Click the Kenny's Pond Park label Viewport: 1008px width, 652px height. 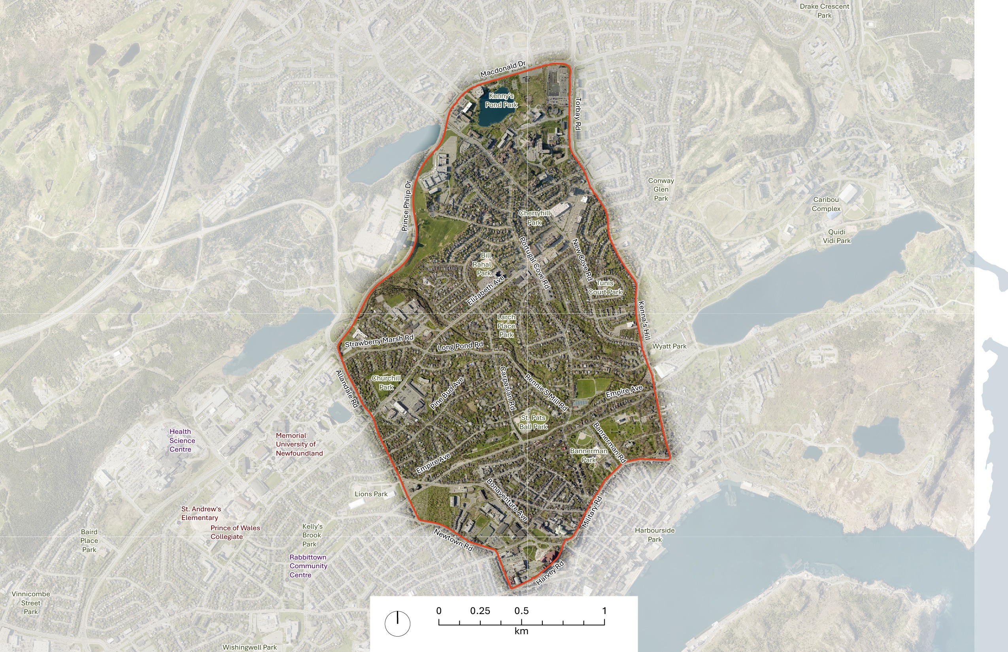pyautogui.click(x=502, y=100)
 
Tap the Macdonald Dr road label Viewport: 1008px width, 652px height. pyautogui.click(x=503, y=69)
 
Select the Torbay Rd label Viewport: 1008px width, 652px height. pyautogui.click(x=578, y=114)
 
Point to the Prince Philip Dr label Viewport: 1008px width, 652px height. pyautogui.click(x=406, y=206)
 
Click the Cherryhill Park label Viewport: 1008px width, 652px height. pyautogui.click(x=534, y=218)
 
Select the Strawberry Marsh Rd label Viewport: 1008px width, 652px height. pyautogui.click(x=379, y=341)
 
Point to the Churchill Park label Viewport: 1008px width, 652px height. pyautogui.click(x=386, y=383)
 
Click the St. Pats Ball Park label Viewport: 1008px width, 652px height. pyautogui.click(x=533, y=422)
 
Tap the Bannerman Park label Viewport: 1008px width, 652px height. pyautogui.click(x=588, y=455)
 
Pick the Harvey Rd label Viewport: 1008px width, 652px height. pyautogui.click(x=550, y=573)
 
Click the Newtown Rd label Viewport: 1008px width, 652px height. pyautogui.click(x=453, y=540)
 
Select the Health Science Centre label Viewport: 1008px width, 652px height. pyautogui.click(x=182, y=440)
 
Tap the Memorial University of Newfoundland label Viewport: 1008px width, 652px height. pyautogui.click(x=299, y=444)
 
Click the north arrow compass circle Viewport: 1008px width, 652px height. pyautogui.click(x=397, y=624)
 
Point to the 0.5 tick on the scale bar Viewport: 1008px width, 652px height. pyautogui.click(x=521, y=622)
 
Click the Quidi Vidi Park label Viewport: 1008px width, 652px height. pyautogui.click(x=836, y=236)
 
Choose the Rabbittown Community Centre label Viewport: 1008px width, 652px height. pyautogui.click(x=308, y=566)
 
